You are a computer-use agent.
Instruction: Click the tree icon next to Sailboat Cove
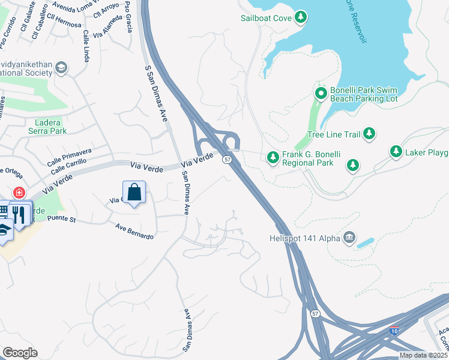pos(301,18)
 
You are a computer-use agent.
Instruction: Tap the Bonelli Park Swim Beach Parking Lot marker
pos(321,94)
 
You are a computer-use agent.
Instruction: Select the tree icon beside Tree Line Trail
pos(370,134)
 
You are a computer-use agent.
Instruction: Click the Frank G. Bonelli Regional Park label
pos(311,158)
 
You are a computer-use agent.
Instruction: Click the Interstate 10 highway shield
pos(394,330)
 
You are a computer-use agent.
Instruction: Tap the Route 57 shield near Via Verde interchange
pos(227,159)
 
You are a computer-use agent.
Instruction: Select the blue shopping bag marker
pos(134,193)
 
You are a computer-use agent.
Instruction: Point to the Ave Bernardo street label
pos(134,231)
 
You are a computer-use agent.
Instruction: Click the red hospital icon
pos(20,193)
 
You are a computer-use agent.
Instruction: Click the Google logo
pos(20,353)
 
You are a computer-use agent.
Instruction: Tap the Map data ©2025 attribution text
pos(423,355)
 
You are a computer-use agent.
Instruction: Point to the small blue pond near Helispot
pos(365,243)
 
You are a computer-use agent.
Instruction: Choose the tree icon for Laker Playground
pos(396,152)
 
